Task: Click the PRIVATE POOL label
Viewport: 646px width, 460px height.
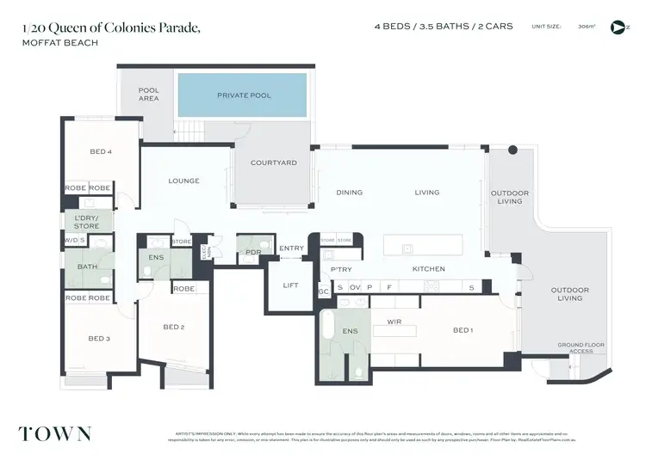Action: click(244, 95)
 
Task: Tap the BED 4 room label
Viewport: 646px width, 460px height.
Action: click(101, 152)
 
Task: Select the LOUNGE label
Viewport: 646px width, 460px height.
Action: click(183, 181)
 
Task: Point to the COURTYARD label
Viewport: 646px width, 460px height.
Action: click(273, 163)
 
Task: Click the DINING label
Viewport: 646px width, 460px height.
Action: click(349, 193)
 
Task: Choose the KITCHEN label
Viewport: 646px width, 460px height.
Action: click(428, 269)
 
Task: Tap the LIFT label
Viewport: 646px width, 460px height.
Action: click(290, 285)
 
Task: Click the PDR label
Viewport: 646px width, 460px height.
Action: click(252, 252)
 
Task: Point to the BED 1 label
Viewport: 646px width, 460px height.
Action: click(463, 330)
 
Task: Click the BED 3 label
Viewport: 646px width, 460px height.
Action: click(99, 339)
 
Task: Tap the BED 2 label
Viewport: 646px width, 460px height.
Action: click(173, 327)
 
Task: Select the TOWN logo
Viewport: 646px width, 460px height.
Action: click(55, 434)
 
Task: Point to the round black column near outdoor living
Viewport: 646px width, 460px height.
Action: click(512, 150)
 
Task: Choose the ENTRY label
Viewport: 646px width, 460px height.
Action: click(291, 248)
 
